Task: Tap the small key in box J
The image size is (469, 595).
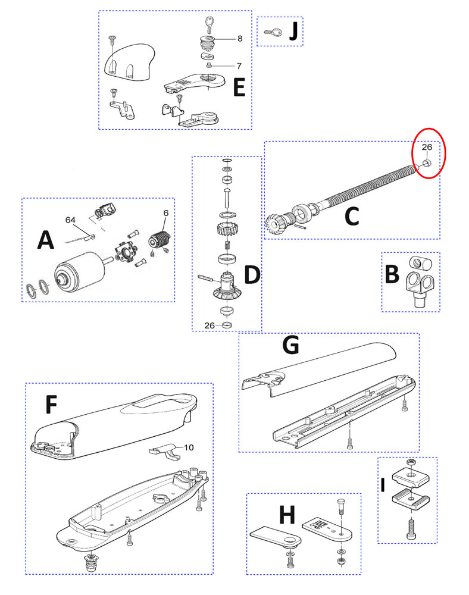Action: click(x=273, y=33)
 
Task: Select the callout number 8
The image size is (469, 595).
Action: click(x=240, y=39)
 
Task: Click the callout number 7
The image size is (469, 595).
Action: click(x=239, y=65)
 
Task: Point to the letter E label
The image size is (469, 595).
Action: click(x=239, y=89)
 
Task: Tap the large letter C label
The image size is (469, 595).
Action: click(x=352, y=217)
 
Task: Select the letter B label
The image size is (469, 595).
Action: click(x=392, y=275)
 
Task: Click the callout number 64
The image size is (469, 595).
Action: click(x=71, y=220)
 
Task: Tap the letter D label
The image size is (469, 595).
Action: click(x=252, y=275)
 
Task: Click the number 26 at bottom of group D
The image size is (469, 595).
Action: click(x=208, y=325)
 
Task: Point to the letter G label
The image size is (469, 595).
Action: click(x=292, y=345)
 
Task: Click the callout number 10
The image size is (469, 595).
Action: click(x=188, y=447)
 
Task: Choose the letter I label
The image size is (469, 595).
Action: click(x=384, y=485)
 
